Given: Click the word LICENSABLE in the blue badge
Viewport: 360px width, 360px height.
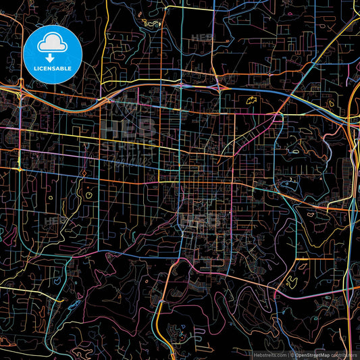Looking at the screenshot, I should pos(53,68).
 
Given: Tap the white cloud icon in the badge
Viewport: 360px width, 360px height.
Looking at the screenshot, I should pos(53,43).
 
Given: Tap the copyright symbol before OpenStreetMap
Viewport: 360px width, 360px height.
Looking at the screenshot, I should pos(292,354).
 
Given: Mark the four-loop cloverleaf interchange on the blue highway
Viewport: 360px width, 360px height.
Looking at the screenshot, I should pos(218,86).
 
